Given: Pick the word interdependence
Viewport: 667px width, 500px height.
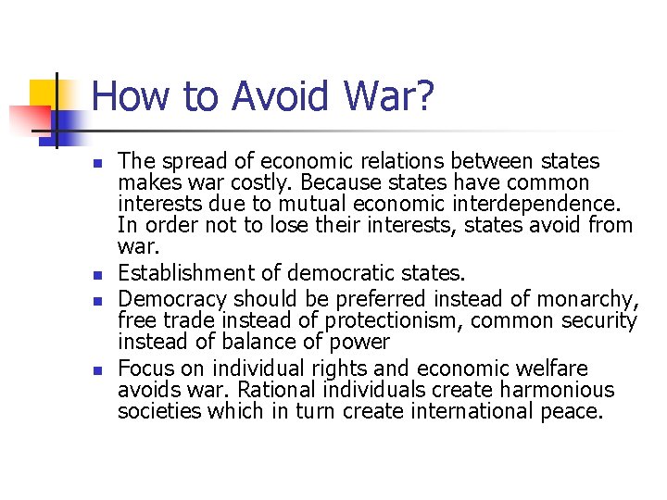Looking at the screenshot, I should tap(545, 204).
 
